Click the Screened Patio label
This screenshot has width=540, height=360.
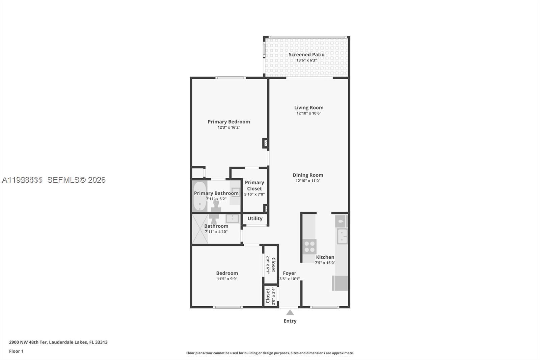click(x=306, y=54)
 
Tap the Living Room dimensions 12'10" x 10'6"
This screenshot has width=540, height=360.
click(x=308, y=113)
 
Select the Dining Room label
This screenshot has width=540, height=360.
click(x=308, y=175)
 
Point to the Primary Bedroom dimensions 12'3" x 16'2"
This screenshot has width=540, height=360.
click(x=229, y=128)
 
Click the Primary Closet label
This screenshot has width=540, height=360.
click(x=254, y=185)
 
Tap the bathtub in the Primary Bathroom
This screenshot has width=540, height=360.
click(x=200, y=196)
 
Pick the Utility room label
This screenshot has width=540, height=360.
click(x=255, y=218)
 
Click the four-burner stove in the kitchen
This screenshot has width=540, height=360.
click(x=309, y=247)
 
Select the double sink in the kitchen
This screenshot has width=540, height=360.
click(x=342, y=236)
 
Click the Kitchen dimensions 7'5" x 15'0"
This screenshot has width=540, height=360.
click(x=325, y=263)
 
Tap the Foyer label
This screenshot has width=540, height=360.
click(x=290, y=273)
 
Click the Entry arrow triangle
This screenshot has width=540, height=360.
click(x=290, y=313)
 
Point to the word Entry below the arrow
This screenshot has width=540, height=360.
click(x=290, y=321)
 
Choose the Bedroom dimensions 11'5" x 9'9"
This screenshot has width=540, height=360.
click(x=227, y=279)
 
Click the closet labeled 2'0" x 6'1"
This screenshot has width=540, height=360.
click(x=271, y=264)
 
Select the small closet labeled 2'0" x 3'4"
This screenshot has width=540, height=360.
click(x=270, y=296)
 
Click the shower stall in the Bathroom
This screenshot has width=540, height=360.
click(x=200, y=229)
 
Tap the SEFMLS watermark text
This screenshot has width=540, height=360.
click(x=76, y=180)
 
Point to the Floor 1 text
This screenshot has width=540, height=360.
click(x=16, y=351)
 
